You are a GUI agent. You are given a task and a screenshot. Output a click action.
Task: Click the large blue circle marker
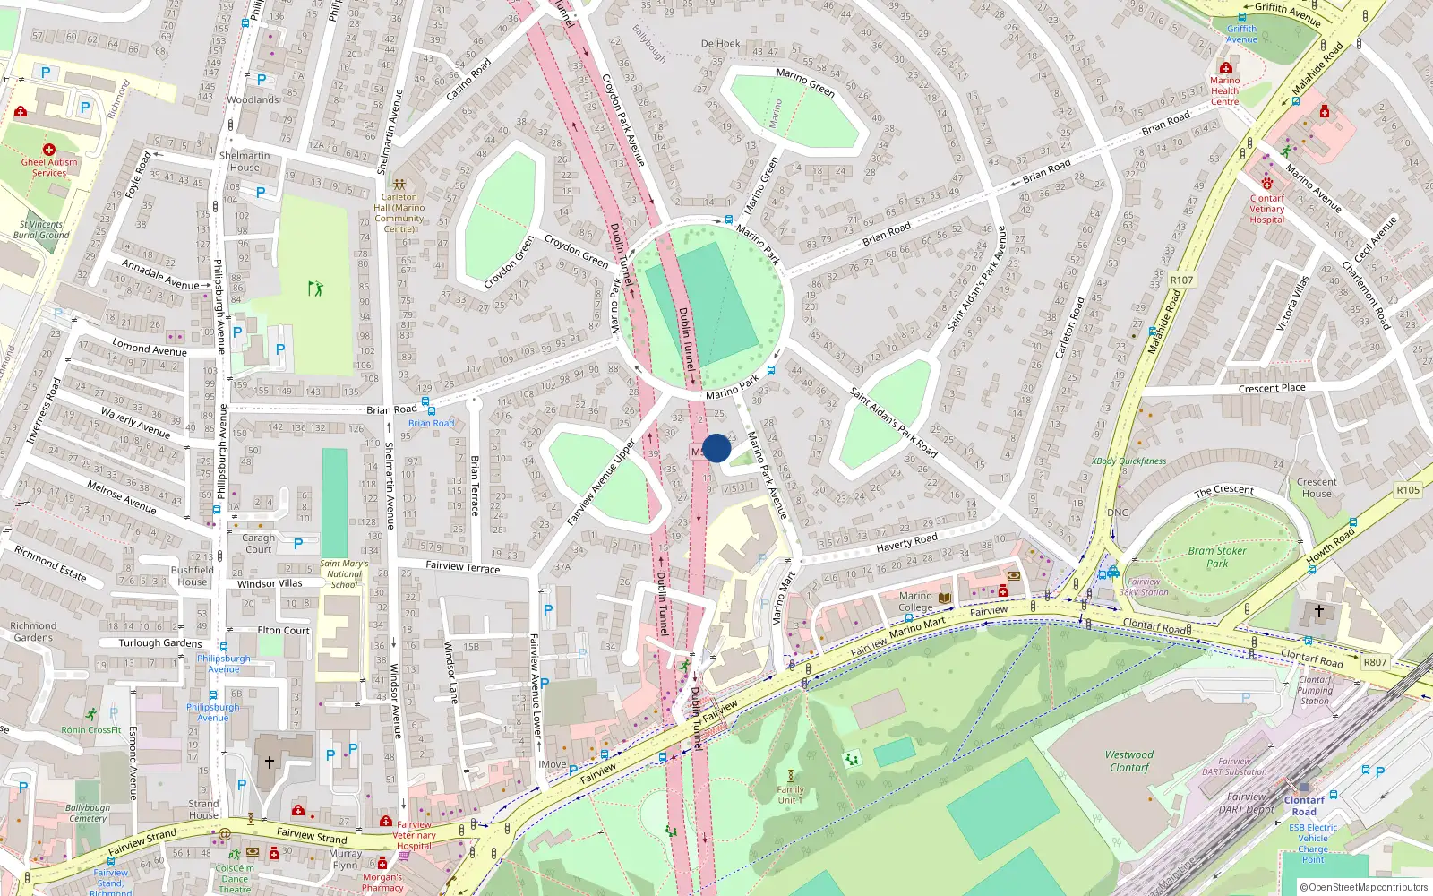[716, 448]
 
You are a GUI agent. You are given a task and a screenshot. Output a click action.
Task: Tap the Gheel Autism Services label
[49, 168]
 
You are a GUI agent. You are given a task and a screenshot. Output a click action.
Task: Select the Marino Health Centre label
[1224, 90]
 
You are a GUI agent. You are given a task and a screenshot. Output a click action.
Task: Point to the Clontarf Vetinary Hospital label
[1266, 209]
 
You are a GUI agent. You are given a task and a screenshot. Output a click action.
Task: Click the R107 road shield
[1181, 280]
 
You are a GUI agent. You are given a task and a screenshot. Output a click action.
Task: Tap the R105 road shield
[1408, 490]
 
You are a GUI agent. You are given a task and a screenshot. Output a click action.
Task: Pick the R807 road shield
[1375, 662]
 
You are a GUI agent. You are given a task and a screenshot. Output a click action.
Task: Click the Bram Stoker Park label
[1217, 557]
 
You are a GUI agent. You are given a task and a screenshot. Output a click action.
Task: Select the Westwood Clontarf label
[1129, 761]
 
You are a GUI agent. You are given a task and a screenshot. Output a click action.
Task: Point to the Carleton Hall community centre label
[399, 212]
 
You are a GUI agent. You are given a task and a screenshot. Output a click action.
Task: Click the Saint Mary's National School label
[344, 574]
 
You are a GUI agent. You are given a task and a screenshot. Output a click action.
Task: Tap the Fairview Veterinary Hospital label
[414, 835]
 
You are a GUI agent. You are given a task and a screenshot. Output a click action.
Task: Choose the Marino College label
[915, 601]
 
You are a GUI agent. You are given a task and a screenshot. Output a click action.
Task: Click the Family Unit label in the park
[790, 795]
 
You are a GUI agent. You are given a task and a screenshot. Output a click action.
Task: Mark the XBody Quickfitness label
[1128, 461]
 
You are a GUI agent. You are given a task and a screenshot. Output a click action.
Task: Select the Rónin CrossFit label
[91, 730]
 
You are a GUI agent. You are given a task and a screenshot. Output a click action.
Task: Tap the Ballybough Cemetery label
[88, 813]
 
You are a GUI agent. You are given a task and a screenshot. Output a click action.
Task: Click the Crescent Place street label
[1272, 388]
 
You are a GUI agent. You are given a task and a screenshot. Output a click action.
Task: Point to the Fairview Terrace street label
[463, 566]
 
